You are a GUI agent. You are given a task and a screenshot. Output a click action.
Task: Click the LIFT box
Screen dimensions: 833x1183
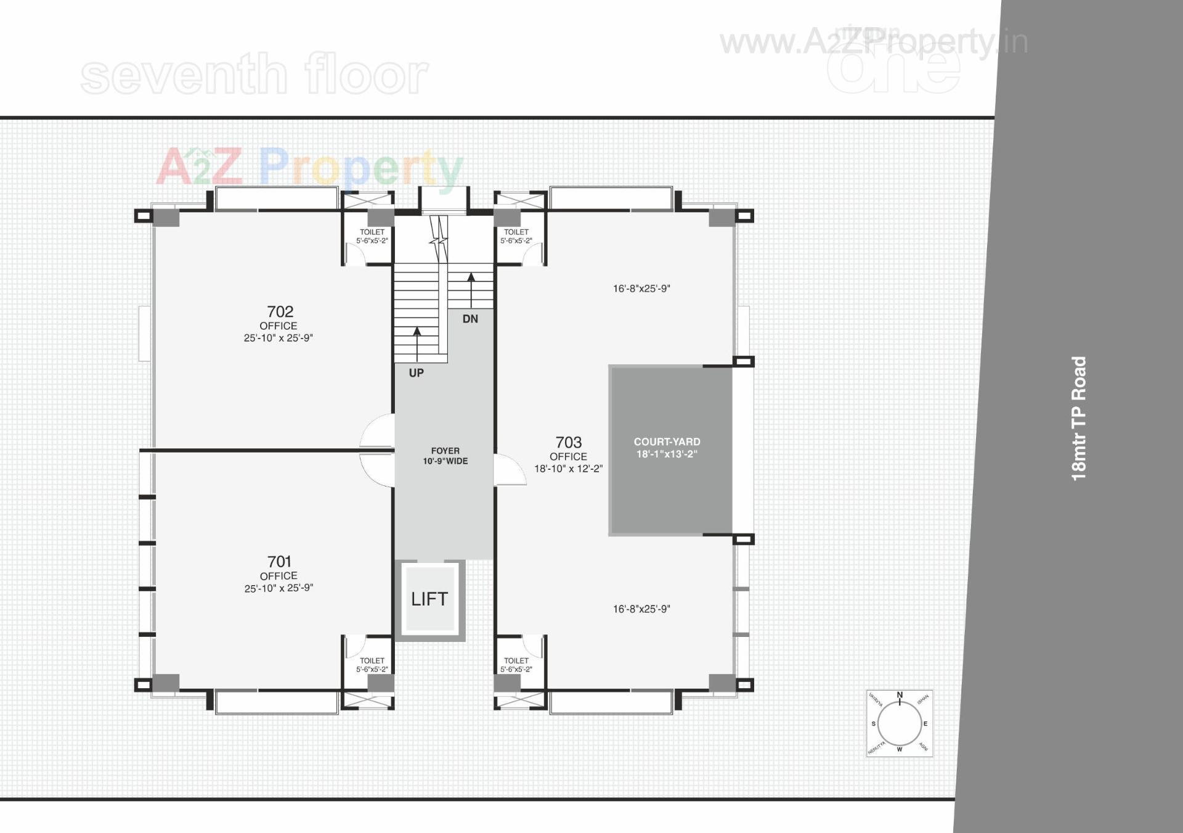(429, 599)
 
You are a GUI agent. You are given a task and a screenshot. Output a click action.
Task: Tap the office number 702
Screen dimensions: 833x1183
(280, 311)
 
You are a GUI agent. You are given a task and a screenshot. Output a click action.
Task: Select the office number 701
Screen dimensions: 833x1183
(279, 561)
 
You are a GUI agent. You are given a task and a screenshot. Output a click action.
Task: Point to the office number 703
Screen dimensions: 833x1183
(568, 442)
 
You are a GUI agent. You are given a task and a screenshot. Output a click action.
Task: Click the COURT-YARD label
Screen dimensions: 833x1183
(667, 442)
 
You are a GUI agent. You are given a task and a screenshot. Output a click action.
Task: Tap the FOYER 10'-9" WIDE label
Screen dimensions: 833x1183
(445, 456)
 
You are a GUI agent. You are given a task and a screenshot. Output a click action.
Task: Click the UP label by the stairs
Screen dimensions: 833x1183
(417, 373)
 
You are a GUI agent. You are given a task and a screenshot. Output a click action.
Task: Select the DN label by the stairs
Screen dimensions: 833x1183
(470, 319)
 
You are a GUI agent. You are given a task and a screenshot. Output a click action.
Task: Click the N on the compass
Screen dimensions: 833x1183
(900, 696)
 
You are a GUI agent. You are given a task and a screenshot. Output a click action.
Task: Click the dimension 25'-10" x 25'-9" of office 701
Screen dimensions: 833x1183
(278, 588)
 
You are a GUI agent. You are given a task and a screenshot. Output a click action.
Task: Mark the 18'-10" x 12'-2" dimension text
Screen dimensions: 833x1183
(568, 469)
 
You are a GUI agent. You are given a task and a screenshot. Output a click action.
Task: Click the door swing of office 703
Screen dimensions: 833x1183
(508, 470)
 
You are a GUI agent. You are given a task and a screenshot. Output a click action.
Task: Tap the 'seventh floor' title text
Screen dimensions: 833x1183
(254, 75)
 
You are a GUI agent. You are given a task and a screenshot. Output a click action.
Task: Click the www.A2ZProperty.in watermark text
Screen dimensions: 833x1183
(874, 42)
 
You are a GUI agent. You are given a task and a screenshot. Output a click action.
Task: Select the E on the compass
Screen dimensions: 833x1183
(925, 724)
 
